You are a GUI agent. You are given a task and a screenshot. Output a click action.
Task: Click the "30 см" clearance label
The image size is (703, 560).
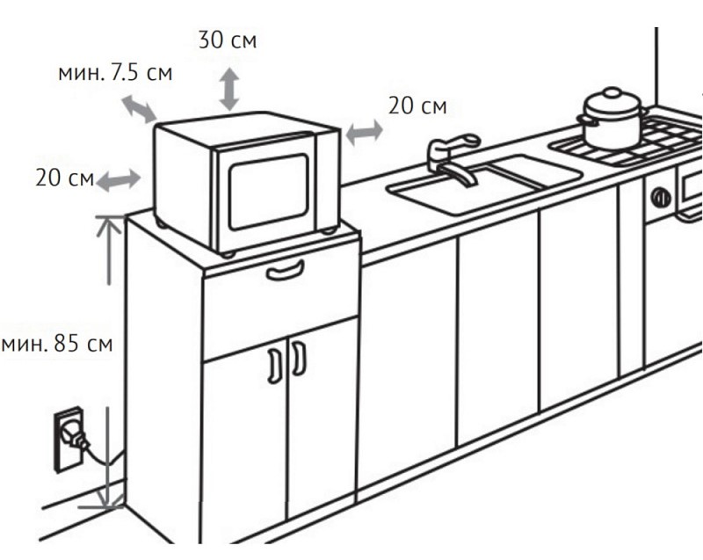[228, 40]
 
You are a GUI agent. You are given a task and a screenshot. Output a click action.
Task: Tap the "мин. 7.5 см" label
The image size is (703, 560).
[115, 73]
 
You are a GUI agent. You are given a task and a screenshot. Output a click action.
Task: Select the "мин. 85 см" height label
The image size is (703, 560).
[57, 344]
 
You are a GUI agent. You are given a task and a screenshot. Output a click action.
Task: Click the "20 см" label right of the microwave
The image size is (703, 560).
[417, 106]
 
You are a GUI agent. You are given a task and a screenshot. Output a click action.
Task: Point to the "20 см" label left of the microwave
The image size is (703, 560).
[64, 178]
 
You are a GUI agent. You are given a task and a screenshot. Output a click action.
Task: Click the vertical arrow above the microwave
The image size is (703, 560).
[229, 89]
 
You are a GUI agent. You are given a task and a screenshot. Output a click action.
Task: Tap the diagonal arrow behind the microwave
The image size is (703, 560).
[139, 109]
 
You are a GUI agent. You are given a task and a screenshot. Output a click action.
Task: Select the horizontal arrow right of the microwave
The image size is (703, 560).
[364, 132]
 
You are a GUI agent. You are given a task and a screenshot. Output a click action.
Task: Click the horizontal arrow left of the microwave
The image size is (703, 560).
[119, 180]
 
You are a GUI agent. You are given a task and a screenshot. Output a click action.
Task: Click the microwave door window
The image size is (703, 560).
[269, 192]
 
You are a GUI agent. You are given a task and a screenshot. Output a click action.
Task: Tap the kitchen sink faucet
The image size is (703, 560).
[453, 159]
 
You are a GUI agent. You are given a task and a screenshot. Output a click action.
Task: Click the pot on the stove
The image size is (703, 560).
[612, 119]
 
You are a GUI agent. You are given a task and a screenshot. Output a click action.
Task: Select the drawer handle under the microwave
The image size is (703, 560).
[285, 270]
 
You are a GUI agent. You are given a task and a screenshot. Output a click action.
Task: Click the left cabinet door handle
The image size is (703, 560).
[274, 366]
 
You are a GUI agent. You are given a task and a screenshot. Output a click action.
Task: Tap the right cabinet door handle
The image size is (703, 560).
[299, 358]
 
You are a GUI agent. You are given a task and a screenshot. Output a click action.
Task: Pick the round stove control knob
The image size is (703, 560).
[661, 197]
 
